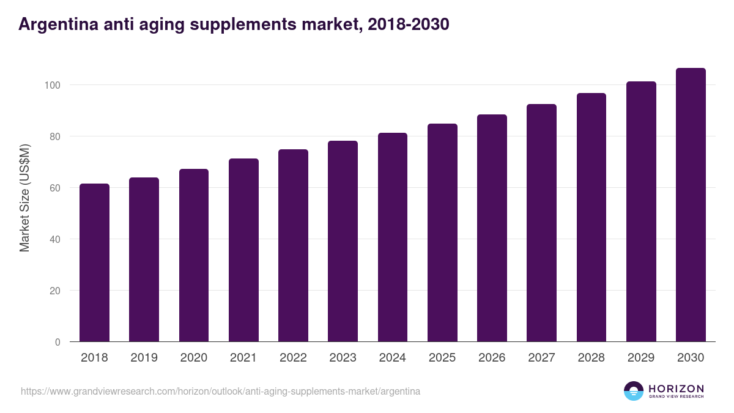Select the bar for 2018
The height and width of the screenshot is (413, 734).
click(94, 263)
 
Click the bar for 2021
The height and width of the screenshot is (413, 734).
click(243, 250)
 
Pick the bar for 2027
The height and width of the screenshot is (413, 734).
click(541, 223)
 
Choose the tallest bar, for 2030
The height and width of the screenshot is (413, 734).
click(691, 205)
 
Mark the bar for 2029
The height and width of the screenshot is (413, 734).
click(641, 212)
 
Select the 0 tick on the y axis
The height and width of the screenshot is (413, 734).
click(57, 342)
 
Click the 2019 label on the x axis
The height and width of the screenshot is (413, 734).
click(144, 358)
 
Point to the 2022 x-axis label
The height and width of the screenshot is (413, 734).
click(293, 358)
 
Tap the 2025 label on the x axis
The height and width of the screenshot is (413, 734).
click(442, 358)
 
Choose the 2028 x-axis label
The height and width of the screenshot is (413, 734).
click(591, 358)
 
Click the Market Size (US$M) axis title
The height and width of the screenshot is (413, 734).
click(24, 198)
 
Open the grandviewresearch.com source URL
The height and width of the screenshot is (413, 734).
click(220, 391)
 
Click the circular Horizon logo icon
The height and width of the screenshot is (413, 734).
click(634, 391)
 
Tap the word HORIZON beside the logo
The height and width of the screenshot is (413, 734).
click(676, 389)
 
